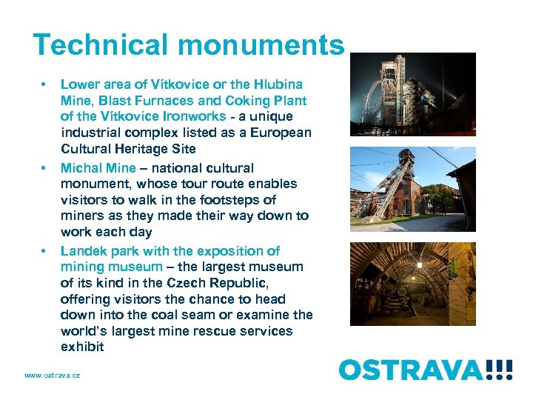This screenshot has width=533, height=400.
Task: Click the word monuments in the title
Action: point(264,45)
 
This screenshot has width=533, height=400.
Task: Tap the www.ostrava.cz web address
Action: point(52,376)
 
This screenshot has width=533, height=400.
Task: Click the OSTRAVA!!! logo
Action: point(426,368)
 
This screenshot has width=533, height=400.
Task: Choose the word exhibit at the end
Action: point(82,347)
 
